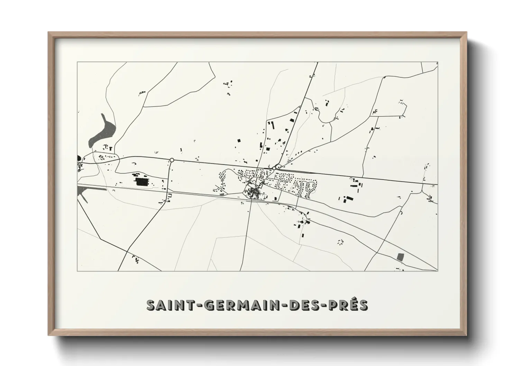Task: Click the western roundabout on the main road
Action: pos(172,160)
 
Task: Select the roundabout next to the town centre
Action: pos(274,168)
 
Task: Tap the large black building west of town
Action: pos(140,182)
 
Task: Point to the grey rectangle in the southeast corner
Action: pos(401,257)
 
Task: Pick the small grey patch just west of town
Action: pos(222,194)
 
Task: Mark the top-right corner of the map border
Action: pos(438,62)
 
